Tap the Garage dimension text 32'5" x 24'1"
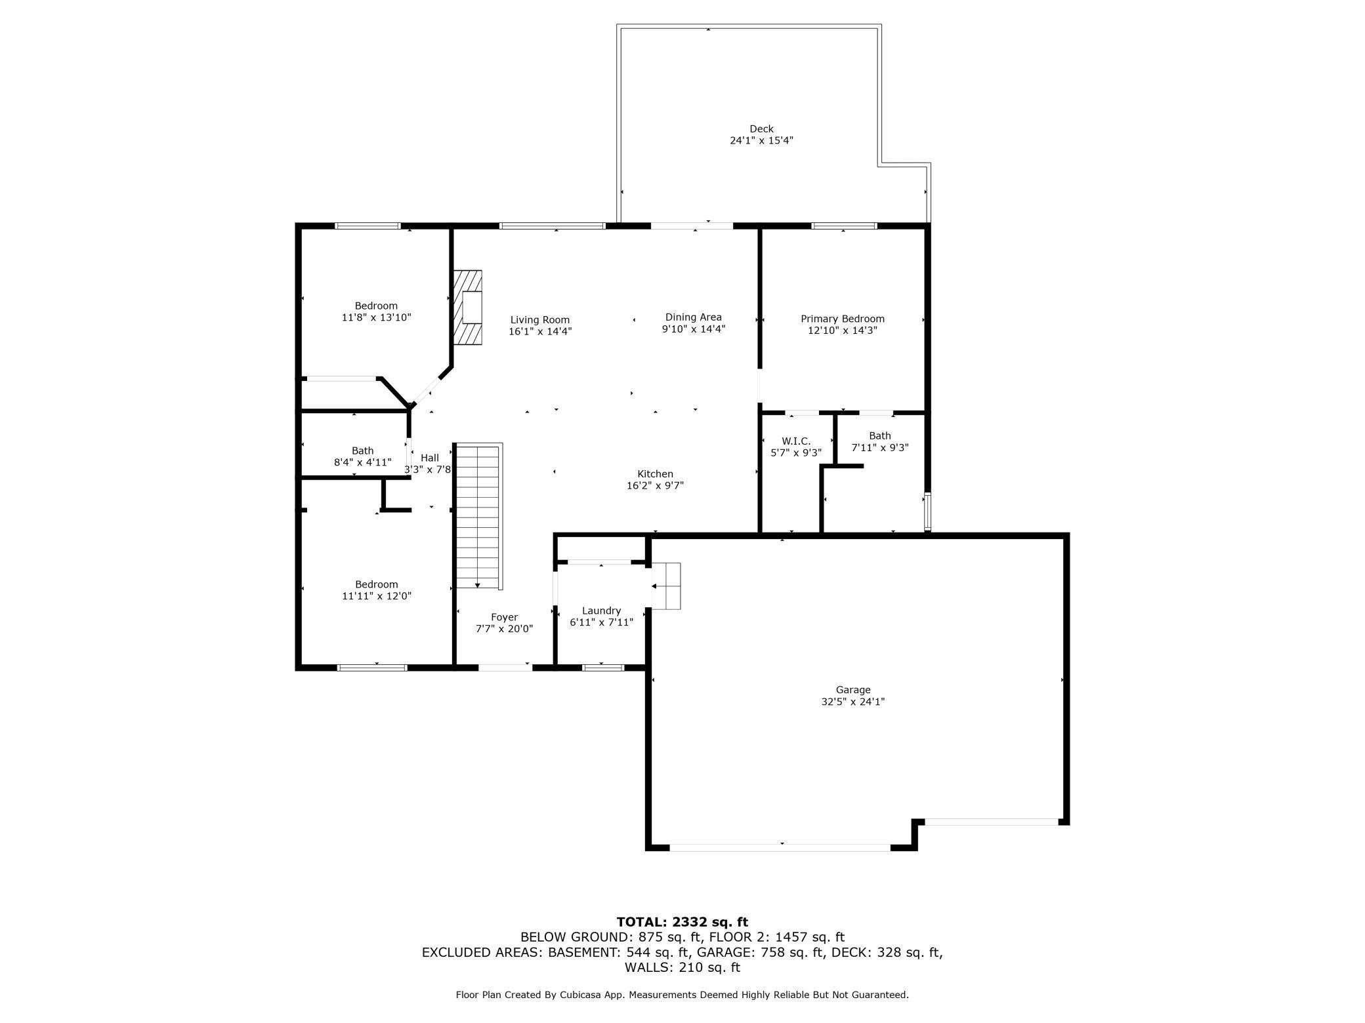click(x=853, y=702)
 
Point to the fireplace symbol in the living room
click(x=467, y=308)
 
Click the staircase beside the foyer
click(x=479, y=516)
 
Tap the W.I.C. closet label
click(x=796, y=441)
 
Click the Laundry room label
click(x=601, y=611)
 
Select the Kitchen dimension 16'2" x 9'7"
click(x=656, y=486)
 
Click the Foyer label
click(x=505, y=617)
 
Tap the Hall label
click(x=430, y=458)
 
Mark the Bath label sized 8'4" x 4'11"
click(x=363, y=456)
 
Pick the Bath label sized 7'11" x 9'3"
click(x=880, y=441)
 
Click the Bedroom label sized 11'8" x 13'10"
click(x=377, y=311)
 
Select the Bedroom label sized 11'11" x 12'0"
click(x=377, y=590)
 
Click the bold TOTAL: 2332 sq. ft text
click(x=682, y=922)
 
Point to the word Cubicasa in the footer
click(x=580, y=995)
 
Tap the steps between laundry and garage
click(x=666, y=586)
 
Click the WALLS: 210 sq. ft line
click(x=682, y=967)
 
